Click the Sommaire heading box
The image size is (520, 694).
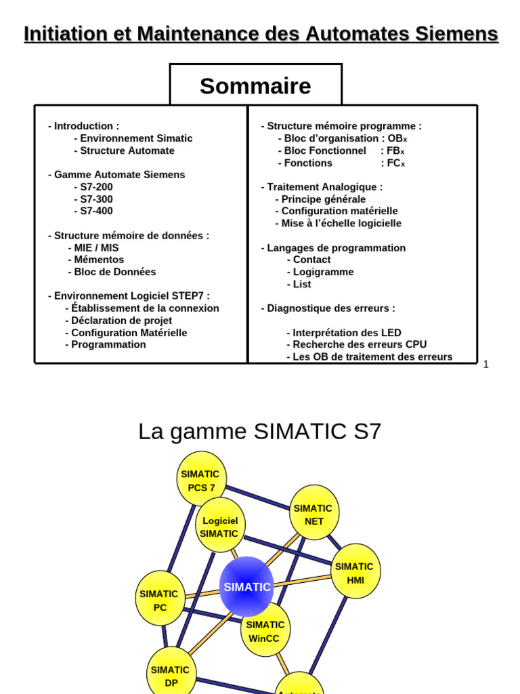click(x=255, y=86)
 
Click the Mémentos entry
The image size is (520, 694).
click(x=96, y=260)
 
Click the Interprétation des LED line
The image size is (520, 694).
click(x=344, y=333)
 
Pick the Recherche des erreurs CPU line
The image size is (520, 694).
click(x=356, y=344)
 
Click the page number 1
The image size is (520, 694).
click(x=485, y=364)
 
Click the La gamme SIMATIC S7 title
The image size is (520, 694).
click(x=260, y=431)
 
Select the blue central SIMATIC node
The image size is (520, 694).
click(x=247, y=587)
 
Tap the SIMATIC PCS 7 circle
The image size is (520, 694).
click(x=200, y=480)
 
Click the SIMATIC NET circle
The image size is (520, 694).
click(x=313, y=514)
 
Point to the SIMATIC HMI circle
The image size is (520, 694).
click(x=355, y=573)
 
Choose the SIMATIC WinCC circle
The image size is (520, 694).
click(x=265, y=631)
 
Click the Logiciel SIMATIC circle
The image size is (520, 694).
click(x=219, y=527)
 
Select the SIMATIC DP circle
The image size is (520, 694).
click(x=171, y=675)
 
